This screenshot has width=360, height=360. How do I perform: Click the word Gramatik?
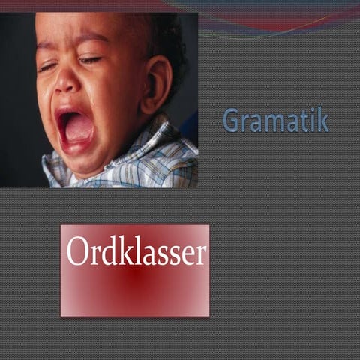click(275, 121)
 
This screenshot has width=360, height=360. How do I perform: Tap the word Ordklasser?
click(136, 253)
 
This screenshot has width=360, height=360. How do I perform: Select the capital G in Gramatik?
click(232, 121)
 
